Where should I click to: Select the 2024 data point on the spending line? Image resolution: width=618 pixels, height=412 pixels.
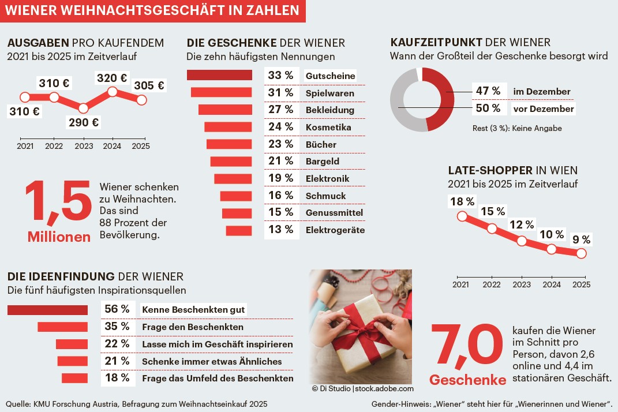(x=113, y=92)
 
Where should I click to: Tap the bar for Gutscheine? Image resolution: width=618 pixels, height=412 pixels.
(x=220, y=75)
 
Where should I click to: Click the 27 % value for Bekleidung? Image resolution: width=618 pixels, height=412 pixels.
(x=281, y=110)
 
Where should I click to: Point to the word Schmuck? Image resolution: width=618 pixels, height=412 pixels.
(x=325, y=196)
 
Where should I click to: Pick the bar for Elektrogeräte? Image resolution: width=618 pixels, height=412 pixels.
(x=239, y=230)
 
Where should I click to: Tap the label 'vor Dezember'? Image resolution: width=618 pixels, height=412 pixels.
(x=544, y=108)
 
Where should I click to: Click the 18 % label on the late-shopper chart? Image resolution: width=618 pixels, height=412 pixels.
(x=462, y=201)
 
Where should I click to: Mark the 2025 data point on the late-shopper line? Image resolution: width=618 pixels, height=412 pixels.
(x=581, y=253)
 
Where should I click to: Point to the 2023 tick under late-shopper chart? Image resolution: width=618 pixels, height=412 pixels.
(x=522, y=284)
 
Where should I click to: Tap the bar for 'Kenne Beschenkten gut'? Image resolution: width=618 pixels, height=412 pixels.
(x=47, y=310)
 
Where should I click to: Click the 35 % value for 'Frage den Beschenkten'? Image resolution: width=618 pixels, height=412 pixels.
(x=117, y=327)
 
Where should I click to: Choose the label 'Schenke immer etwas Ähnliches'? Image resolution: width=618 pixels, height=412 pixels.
(x=212, y=361)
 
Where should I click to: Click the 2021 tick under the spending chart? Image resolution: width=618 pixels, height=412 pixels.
(x=25, y=146)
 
